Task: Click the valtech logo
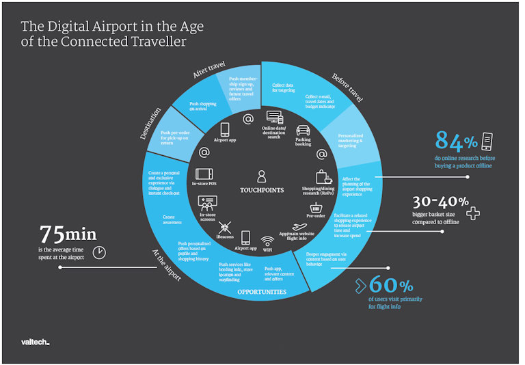[x=36, y=340]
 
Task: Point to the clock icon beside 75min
[x=99, y=252]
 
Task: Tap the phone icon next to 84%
[x=487, y=141]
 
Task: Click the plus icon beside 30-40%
[x=472, y=213]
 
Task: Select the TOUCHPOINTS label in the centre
[x=262, y=190]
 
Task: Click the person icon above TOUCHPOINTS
[x=261, y=176]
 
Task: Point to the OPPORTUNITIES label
[x=262, y=292]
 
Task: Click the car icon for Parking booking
[x=303, y=130]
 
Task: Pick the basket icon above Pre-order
[x=316, y=206]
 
